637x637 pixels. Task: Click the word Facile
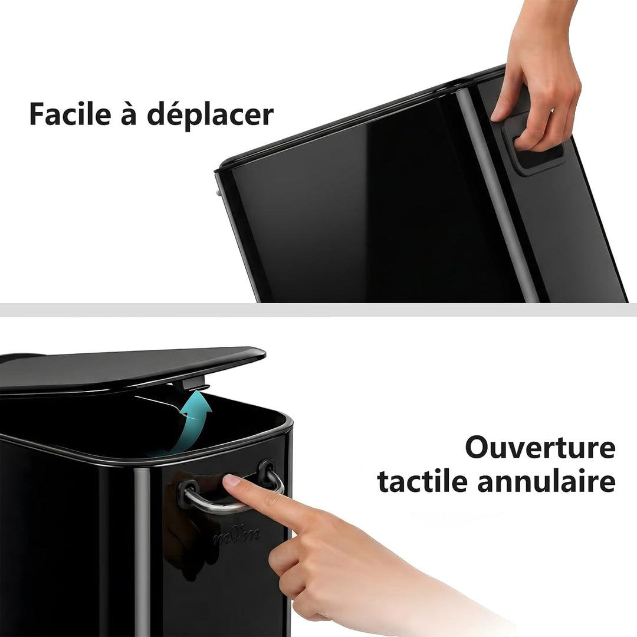70,114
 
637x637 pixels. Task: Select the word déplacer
210,116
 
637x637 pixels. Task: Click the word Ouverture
540,447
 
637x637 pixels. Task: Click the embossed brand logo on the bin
237,536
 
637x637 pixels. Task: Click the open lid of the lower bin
130,367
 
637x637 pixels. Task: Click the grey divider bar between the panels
318,310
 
